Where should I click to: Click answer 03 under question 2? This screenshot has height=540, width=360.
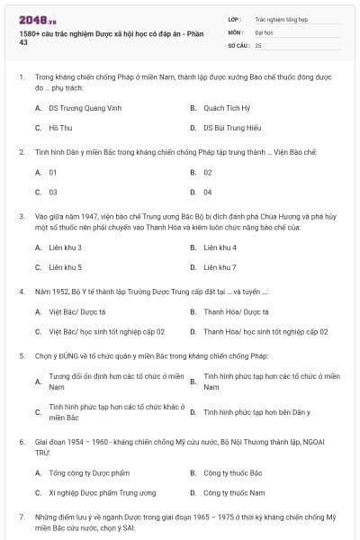53,192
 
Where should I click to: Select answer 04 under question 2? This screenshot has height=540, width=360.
208,192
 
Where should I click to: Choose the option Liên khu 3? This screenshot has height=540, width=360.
66,247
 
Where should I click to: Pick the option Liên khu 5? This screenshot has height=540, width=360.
66,267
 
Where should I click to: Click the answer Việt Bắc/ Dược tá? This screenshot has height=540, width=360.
77,311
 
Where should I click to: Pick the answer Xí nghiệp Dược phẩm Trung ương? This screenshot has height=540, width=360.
102,493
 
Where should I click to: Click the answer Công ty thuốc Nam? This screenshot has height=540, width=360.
234,493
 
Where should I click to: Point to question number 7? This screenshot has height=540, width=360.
21,517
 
